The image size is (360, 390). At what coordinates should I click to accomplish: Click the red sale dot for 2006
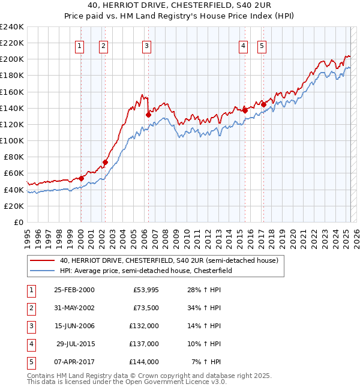[x=148, y=114]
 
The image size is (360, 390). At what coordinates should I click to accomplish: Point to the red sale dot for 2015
[x=245, y=110]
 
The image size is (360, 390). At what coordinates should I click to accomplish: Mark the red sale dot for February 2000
[x=81, y=178]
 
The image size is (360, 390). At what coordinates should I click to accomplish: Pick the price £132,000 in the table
[x=144, y=326]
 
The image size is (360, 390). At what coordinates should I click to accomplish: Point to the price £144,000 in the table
[x=144, y=362]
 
